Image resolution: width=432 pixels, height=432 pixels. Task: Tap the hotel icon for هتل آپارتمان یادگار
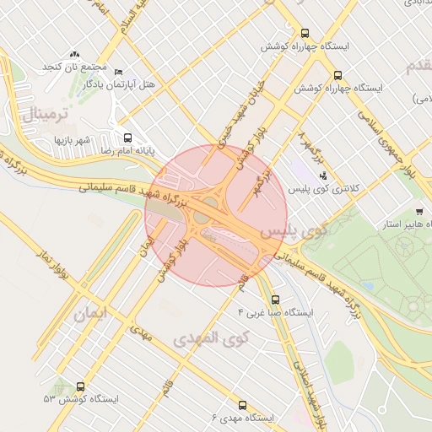tap(118, 73)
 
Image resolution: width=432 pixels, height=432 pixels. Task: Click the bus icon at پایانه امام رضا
tap(128, 138)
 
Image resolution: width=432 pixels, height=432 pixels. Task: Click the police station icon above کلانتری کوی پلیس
tap(323, 176)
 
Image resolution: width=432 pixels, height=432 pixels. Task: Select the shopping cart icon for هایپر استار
tap(419, 212)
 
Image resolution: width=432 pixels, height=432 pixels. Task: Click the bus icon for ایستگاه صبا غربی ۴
tap(276, 300)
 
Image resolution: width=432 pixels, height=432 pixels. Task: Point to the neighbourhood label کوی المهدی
tap(212, 338)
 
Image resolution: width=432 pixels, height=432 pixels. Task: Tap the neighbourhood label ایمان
tap(92, 316)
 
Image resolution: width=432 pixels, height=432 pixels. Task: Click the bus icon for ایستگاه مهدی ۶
tap(243, 406)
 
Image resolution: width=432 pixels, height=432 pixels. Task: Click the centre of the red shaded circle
tap(216, 216)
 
